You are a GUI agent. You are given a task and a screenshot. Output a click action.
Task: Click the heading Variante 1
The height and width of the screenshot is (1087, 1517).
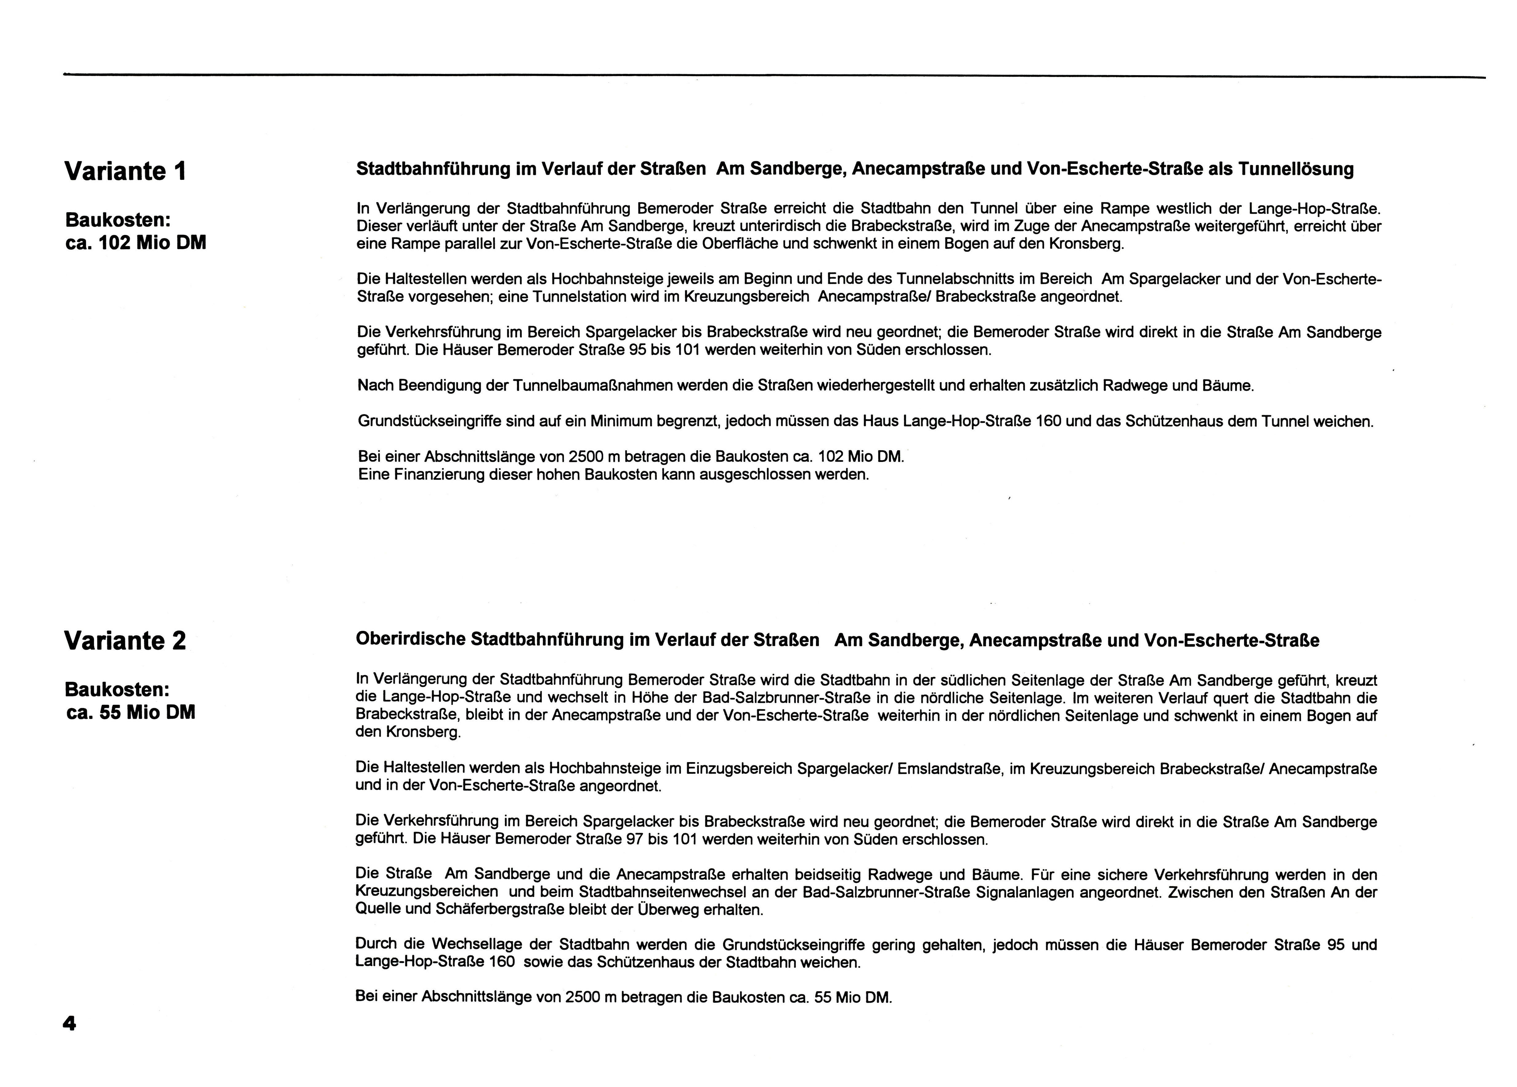click(x=125, y=171)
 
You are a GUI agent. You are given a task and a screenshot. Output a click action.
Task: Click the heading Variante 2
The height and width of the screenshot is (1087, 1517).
click(x=125, y=641)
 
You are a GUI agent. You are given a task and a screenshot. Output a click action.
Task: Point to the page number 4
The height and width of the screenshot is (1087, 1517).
click(x=69, y=1024)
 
